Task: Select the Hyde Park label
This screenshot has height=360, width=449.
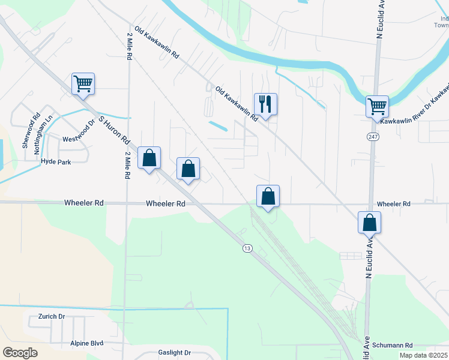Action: [x=56, y=162]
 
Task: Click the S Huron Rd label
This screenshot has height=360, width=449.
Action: [x=115, y=130]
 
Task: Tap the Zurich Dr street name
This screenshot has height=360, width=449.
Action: [x=51, y=316]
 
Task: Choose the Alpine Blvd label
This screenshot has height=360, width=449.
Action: [x=88, y=343]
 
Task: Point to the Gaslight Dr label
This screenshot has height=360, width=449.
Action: [x=174, y=353]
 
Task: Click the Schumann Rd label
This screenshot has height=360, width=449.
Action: [x=393, y=346]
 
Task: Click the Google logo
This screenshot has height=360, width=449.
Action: [x=20, y=353]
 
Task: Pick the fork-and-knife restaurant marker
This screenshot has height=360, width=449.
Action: [x=265, y=104]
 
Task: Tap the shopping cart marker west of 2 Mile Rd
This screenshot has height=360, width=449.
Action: [x=83, y=83]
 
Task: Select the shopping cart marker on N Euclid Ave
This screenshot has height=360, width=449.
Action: [x=377, y=107]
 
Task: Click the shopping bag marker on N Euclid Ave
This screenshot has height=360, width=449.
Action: [x=369, y=223]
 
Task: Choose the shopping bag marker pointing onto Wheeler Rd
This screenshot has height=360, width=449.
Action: [x=268, y=196]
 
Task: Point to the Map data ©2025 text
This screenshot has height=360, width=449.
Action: [x=423, y=355]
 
